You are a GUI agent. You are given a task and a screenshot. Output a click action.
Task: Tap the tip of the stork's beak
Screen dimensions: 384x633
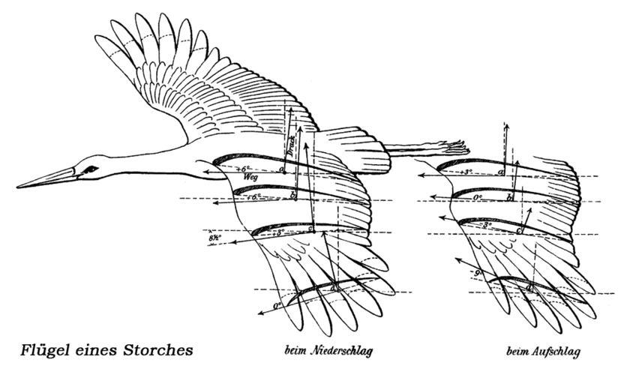(18, 186)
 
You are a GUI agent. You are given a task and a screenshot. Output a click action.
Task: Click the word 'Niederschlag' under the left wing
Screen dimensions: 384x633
(342, 350)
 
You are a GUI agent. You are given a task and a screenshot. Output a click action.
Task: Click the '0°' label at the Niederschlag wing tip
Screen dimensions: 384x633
(278, 305)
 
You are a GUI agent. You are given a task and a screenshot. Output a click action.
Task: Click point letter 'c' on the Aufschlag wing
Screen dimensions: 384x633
(519, 229)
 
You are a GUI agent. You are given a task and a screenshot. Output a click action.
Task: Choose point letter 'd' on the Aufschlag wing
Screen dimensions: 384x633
(529, 288)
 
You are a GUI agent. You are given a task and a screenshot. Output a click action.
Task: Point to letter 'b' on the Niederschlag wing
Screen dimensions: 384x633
(293, 196)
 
